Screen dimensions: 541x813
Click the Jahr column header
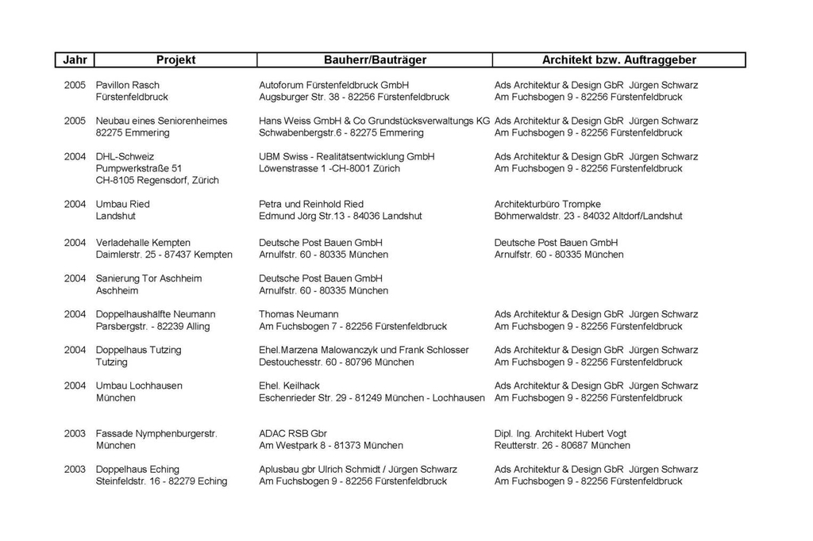coord(75,60)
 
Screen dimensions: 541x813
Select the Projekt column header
coord(176,60)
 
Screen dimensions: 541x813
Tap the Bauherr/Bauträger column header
coord(375,60)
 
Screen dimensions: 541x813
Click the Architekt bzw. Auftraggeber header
coord(618,60)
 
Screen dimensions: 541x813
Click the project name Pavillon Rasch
coord(127,85)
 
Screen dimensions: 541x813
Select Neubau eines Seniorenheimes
coord(161,121)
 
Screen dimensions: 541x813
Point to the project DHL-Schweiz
coord(125,156)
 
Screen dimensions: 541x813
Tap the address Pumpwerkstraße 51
coord(138,168)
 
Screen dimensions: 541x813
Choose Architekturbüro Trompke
coord(547,204)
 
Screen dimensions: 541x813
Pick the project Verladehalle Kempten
coord(143,242)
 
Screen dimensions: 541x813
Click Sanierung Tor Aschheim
coord(148,278)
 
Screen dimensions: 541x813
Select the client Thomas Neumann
coord(299,314)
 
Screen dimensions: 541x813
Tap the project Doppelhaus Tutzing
coord(138,350)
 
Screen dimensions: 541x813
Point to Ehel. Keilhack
coord(289,386)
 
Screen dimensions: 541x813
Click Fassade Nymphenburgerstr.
coord(156,434)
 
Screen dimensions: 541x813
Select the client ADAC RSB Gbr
coord(293,434)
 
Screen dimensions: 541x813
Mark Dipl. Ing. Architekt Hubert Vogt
coord(560,434)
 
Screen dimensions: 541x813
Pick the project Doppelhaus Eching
coord(137,470)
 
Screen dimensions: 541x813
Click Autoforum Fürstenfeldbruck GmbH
coord(333,85)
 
